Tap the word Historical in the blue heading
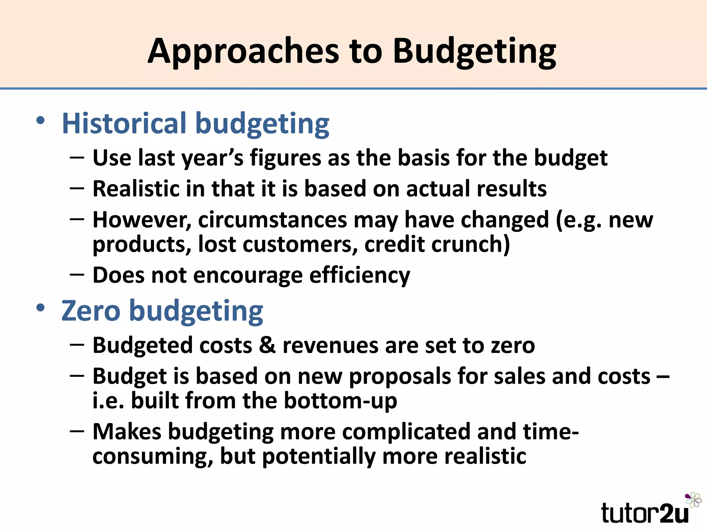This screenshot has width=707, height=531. coord(124,123)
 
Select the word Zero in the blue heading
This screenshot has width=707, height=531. coord(91,311)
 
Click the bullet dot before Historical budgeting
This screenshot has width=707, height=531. coord(40,120)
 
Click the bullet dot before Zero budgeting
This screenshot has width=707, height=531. coord(40,307)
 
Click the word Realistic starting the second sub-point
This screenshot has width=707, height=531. coord(136,189)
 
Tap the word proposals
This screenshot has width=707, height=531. coord(399,376)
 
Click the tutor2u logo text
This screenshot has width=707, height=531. coord(645,513)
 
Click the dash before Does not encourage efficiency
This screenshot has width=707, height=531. coord(77,274)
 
